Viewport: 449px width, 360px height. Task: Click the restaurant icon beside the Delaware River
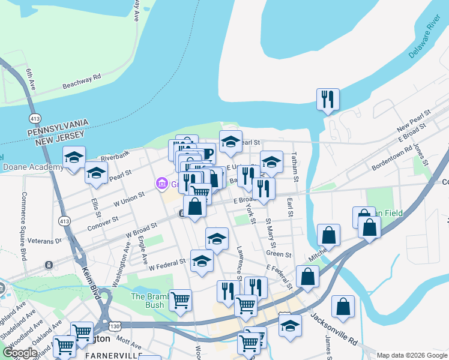[x=328, y=100]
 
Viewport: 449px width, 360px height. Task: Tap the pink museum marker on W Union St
[x=161, y=183]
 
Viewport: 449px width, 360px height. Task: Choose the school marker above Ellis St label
[x=96, y=173]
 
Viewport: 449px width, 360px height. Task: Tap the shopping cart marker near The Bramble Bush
[x=180, y=300]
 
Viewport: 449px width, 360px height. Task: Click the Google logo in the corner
[x=20, y=352]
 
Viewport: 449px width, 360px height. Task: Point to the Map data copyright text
[x=412, y=355]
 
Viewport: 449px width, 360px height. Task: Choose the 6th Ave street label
[x=31, y=81]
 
